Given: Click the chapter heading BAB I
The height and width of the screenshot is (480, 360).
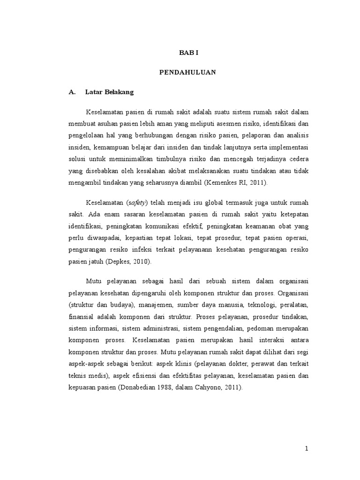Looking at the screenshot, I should pos(189,53).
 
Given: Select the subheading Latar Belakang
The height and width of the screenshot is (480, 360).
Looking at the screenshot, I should pos(109,92).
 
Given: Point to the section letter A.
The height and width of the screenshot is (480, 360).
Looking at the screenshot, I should pos(72,92).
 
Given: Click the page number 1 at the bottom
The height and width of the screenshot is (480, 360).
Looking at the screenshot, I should pos(307,449).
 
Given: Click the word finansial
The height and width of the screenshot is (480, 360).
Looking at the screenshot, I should pos(82,316).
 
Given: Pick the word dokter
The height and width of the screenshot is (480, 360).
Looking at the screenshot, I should pos(252,364).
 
